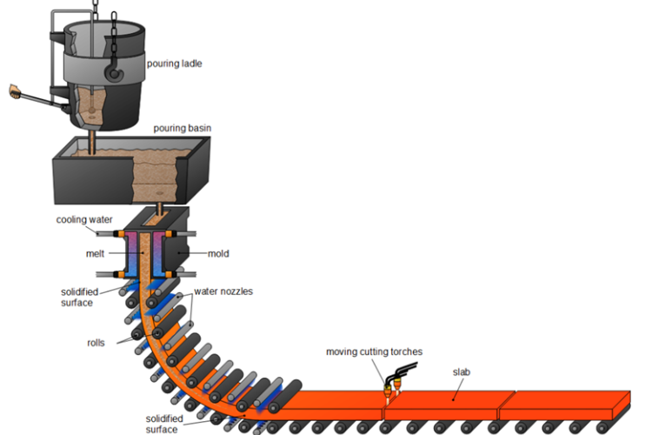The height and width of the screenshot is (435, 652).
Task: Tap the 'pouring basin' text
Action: click(x=182, y=129)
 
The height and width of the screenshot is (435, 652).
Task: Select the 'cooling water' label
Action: click(x=85, y=220)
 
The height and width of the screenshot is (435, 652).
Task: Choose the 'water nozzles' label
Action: click(x=223, y=291)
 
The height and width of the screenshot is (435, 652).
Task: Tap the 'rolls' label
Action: click(x=96, y=343)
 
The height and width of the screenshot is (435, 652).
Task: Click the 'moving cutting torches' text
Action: click(x=374, y=351)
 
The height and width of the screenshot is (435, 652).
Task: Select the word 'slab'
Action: click(x=461, y=371)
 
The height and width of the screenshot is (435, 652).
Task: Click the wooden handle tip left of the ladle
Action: click(x=13, y=90)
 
